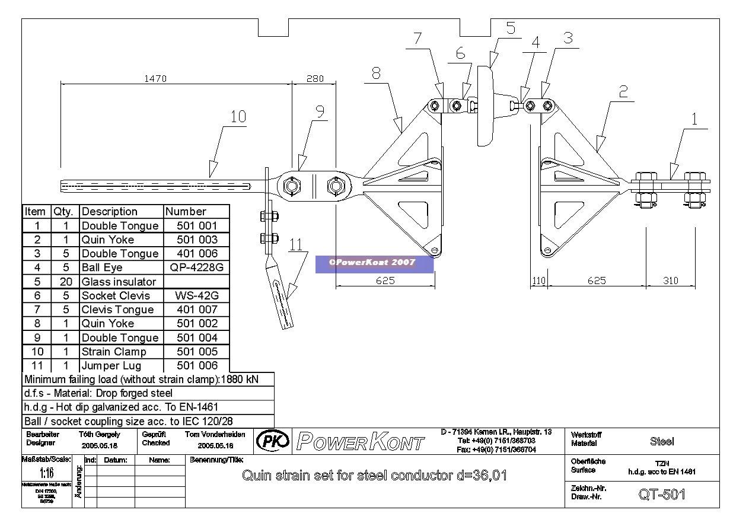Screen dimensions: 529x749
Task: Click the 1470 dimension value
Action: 155,78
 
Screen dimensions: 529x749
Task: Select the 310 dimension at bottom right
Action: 670,281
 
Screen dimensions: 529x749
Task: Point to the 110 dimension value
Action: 538,281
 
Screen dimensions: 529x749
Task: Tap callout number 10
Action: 238,116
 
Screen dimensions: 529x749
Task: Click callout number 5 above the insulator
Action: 511,28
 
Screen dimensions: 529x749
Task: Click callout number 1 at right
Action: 694,119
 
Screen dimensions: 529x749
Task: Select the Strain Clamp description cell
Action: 114,352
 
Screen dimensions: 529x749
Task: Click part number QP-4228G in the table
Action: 196,267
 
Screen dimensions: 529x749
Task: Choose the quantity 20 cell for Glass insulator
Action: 66,282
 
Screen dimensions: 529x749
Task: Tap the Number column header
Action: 186,212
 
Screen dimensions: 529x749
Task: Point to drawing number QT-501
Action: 662,495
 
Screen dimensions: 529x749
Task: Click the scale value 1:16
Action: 46,473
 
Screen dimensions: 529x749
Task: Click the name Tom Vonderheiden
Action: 215,435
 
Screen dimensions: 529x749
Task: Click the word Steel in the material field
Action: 662,441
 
